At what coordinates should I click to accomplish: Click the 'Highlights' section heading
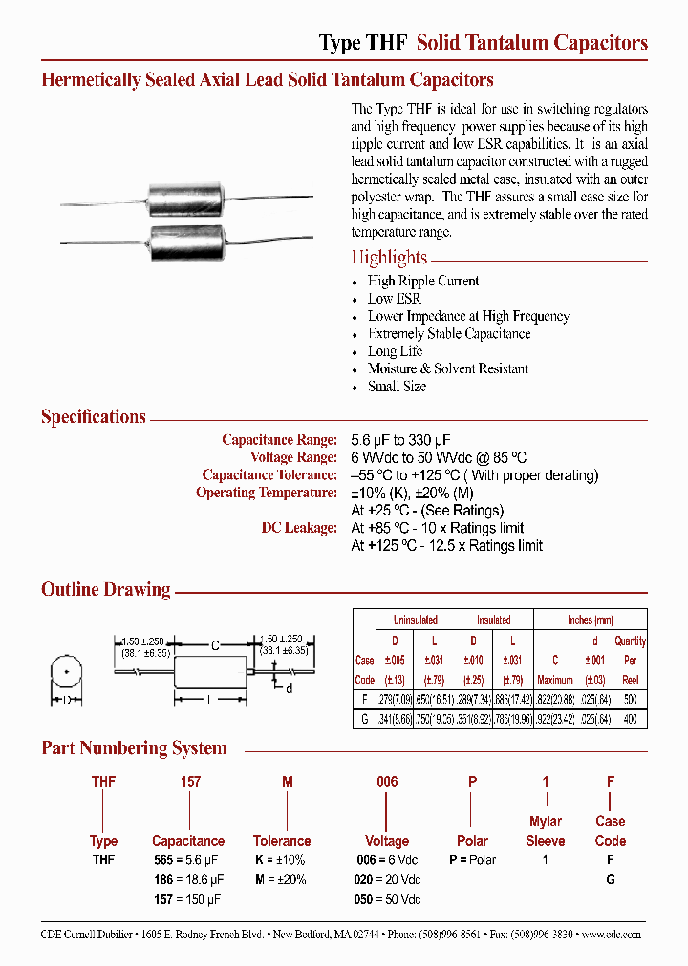point(389,257)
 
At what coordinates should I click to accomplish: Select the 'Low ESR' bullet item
point(394,299)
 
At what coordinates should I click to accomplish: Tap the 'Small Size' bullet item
point(397,387)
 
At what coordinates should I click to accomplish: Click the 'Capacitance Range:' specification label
point(279,439)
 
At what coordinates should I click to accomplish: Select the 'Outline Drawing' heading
point(105,590)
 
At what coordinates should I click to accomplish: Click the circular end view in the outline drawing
point(65,672)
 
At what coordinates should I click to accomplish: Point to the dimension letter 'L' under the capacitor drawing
point(209,702)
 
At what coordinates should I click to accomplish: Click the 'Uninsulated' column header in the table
point(415,619)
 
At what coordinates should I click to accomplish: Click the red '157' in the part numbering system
point(190,781)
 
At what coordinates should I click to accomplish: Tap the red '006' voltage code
point(386,781)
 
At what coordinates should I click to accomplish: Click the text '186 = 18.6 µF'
point(188,879)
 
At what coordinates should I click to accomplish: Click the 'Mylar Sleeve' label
point(546,830)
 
